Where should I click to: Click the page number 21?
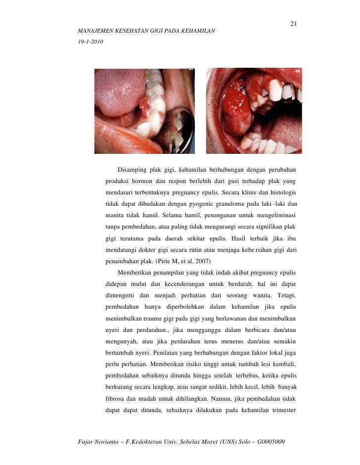point(293,24)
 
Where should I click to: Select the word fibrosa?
point(117,400)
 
